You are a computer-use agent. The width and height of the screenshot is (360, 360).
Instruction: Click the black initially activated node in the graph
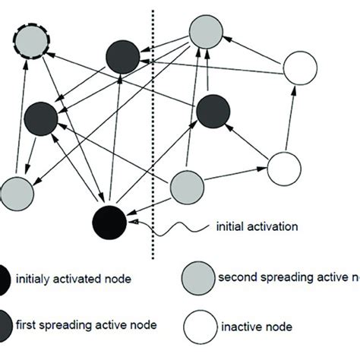tap(110, 221)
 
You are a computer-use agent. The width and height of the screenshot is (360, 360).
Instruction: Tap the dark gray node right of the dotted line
tap(214, 112)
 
